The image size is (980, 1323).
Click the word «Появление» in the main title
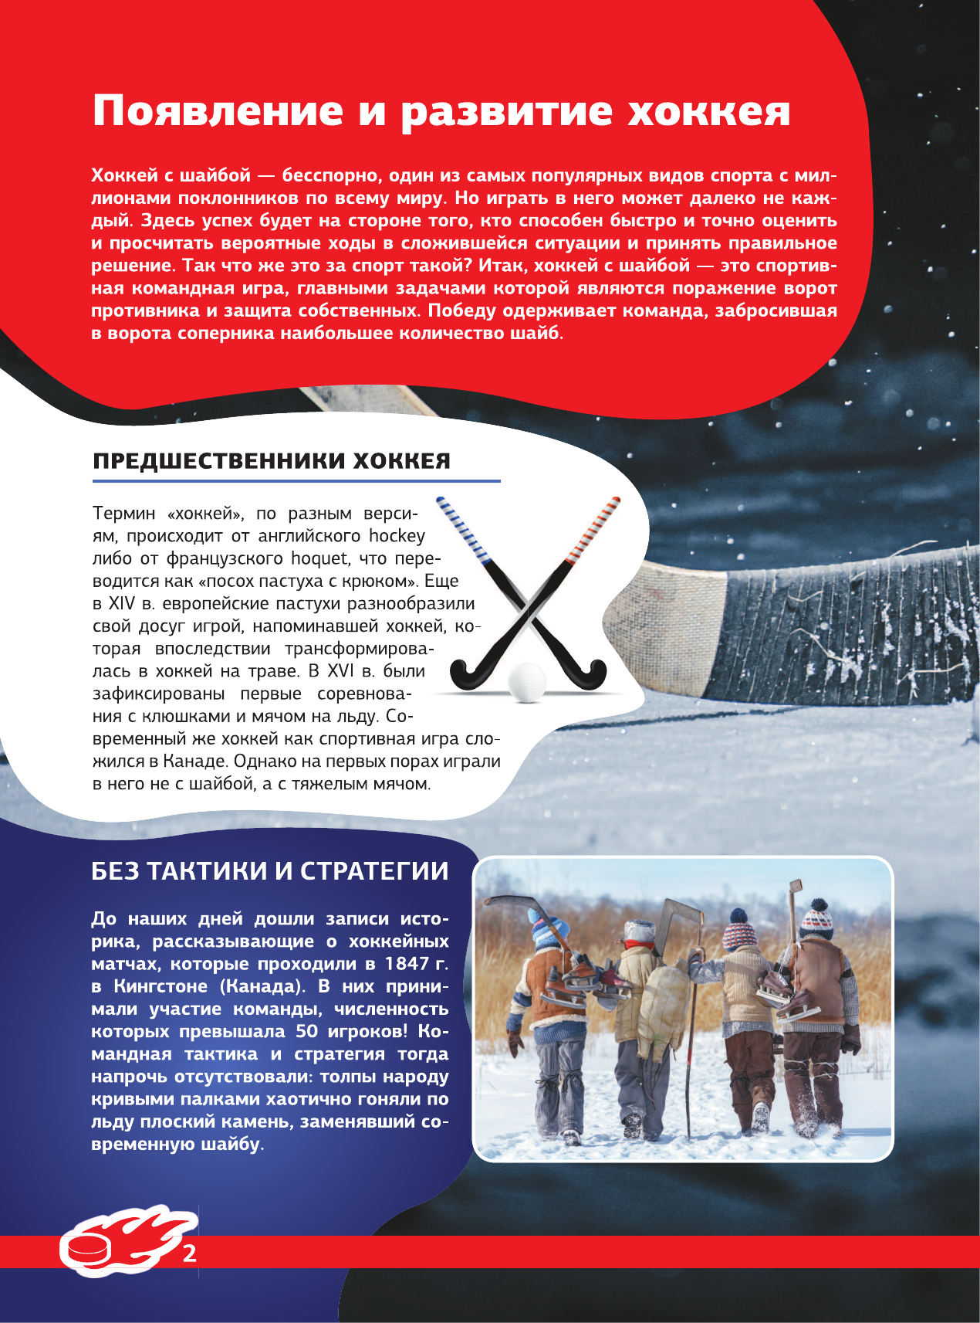coord(218,112)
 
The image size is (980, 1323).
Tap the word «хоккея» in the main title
coord(708,112)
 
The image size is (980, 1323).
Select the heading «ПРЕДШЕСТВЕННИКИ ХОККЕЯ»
coord(272,461)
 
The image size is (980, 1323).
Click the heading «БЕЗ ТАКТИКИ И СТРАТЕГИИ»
coord(270,870)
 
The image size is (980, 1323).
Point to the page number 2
coord(189,1253)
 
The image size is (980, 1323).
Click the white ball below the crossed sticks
coord(527,682)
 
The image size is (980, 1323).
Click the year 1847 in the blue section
coord(407,964)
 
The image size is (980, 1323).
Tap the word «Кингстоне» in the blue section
coord(161,986)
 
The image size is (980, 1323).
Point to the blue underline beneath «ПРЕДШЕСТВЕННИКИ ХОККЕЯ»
coord(296,481)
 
